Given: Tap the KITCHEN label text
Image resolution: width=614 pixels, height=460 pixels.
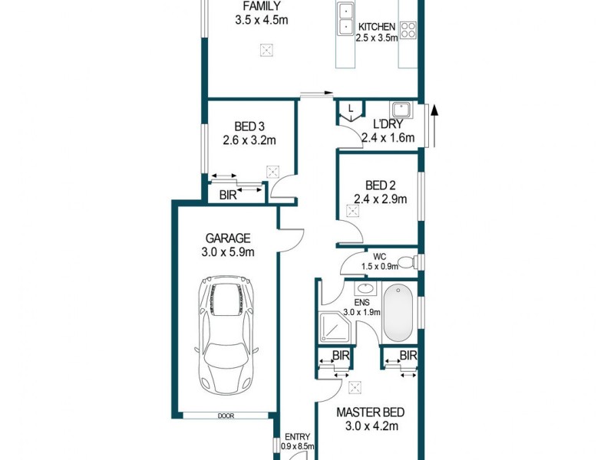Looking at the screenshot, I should pyautogui.click(x=377, y=26).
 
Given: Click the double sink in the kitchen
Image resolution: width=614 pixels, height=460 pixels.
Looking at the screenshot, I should pyautogui.click(x=345, y=21).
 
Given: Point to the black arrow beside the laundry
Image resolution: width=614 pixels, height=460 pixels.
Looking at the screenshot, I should pyautogui.click(x=436, y=123).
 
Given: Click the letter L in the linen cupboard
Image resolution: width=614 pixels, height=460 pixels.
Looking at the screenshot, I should pyautogui.click(x=351, y=108).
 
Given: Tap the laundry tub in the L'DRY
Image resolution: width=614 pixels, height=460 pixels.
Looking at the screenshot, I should pyautogui.click(x=402, y=110).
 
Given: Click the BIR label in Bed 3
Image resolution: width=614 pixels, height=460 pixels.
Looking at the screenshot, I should pyautogui.click(x=228, y=195).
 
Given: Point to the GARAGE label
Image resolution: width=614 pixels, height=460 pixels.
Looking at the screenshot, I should pyautogui.click(x=227, y=238).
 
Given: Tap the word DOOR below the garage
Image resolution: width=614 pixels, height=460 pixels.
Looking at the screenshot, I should pyautogui.click(x=226, y=416).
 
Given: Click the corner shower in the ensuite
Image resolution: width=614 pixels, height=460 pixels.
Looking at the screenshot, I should pyautogui.click(x=334, y=328).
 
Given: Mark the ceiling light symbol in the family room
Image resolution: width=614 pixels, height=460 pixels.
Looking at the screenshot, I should pyautogui.click(x=266, y=51).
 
